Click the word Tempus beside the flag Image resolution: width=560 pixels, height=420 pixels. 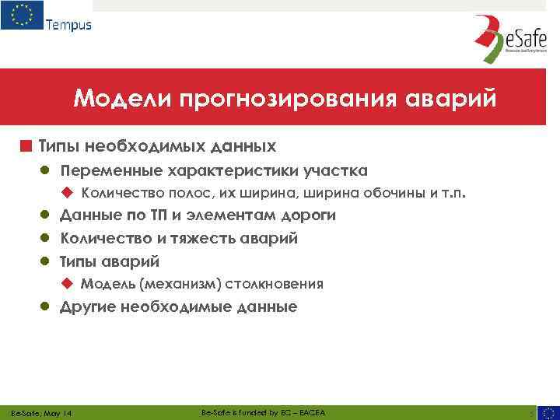[68, 24]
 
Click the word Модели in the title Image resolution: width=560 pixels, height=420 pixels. [121, 100]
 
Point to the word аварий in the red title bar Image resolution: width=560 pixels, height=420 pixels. [453, 100]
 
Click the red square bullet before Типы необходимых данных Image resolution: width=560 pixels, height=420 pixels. [26, 145]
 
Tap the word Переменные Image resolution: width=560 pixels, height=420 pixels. [108, 170]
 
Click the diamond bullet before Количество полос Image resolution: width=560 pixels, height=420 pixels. [68, 193]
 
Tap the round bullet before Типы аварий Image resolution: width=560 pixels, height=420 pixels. [46, 261]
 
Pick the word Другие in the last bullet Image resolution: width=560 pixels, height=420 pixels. [89, 306]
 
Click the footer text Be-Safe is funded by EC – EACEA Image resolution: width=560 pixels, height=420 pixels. [263, 411]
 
